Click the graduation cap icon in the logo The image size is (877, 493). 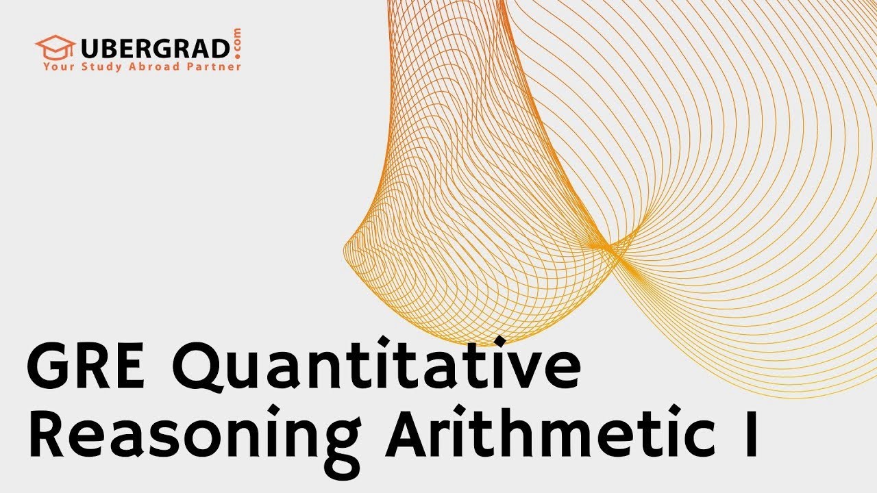(x=55, y=47)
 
